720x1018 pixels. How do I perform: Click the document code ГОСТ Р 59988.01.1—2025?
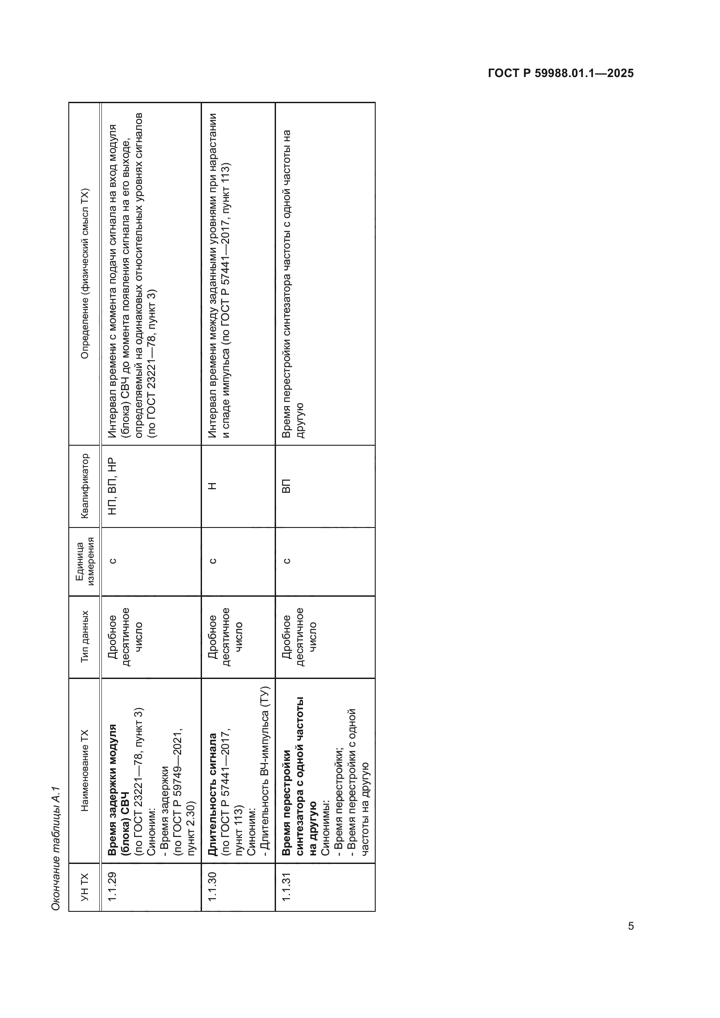click(560, 74)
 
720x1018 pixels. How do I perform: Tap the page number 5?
click(630, 926)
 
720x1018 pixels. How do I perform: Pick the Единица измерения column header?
click(84, 561)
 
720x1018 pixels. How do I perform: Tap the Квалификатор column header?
click(84, 486)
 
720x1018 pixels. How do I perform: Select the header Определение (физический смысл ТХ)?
click(84, 274)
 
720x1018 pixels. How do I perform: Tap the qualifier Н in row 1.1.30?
click(212, 487)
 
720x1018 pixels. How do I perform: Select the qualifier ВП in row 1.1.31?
click(286, 487)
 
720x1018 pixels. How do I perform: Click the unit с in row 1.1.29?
click(113, 561)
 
